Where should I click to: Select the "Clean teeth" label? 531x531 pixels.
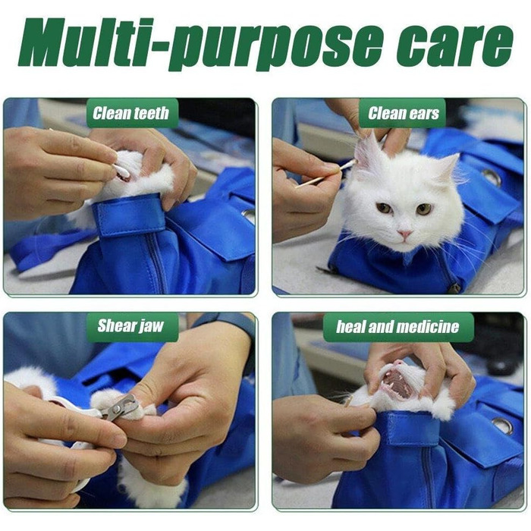click(130, 113)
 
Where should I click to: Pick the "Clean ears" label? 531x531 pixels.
click(404, 113)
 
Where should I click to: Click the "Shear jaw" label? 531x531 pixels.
click(130, 325)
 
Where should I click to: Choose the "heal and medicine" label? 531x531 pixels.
click(397, 327)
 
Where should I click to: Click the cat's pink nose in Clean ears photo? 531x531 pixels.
click(404, 234)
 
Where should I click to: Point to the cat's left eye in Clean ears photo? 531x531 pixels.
click(423, 209)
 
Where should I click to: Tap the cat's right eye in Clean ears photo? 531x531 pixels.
click(385, 207)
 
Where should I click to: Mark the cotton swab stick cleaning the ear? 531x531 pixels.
click(325, 174)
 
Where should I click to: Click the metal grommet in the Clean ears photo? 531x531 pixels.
click(492, 178)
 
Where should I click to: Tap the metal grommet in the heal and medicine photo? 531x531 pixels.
click(502, 426)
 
